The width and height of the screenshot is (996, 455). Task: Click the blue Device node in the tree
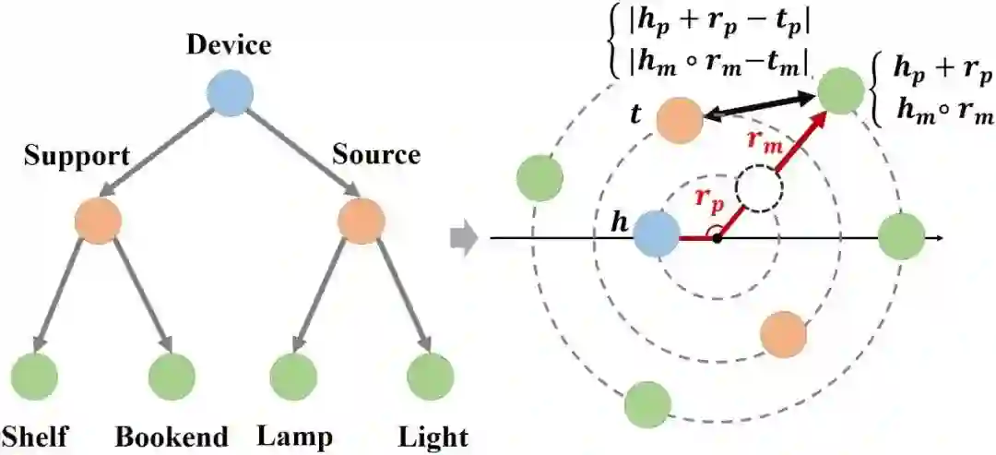click(229, 94)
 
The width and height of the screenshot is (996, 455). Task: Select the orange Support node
click(99, 221)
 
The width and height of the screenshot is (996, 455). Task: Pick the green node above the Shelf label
click(35, 374)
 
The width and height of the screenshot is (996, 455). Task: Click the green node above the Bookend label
click(172, 374)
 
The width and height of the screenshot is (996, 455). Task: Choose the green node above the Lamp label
click(292, 374)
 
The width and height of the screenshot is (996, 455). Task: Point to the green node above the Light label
click(431, 374)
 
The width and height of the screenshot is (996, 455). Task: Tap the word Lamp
click(295, 436)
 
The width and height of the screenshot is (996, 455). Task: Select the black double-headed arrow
click(756, 109)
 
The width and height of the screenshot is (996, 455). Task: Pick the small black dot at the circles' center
click(717, 239)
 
